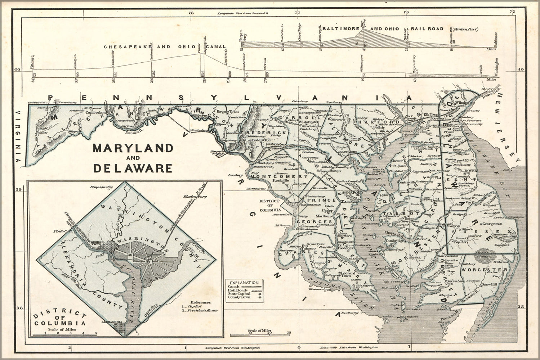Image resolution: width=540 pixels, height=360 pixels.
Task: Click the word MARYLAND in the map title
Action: click(133, 148)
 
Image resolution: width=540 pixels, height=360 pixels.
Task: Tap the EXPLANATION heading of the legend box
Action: click(244, 283)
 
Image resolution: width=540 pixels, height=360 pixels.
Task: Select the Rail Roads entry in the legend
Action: click(237, 290)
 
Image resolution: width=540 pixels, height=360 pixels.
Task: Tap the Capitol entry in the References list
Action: click(195, 306)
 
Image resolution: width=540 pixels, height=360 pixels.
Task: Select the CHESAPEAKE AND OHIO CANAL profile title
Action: click(165, 47)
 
